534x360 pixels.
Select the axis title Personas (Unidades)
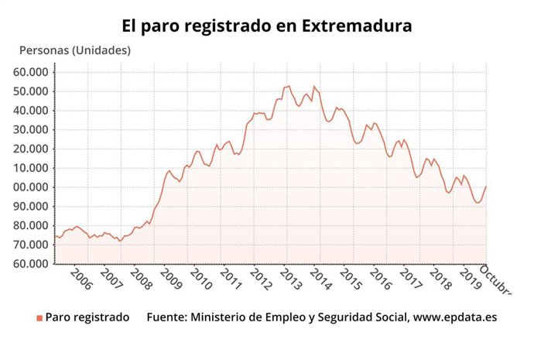click(75, 50)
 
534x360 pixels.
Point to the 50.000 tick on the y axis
click(31, 91)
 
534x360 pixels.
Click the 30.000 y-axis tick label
click(31, 129)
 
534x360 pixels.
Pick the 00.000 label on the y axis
click(31, 187)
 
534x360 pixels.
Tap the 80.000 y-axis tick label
click(31, 225)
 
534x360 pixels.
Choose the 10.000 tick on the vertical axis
click(31, 168)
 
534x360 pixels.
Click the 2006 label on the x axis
click(80, 279)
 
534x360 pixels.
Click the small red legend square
click(39, 318)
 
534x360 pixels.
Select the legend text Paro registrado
click(87, 317)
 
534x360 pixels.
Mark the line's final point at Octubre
click(486, 186)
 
